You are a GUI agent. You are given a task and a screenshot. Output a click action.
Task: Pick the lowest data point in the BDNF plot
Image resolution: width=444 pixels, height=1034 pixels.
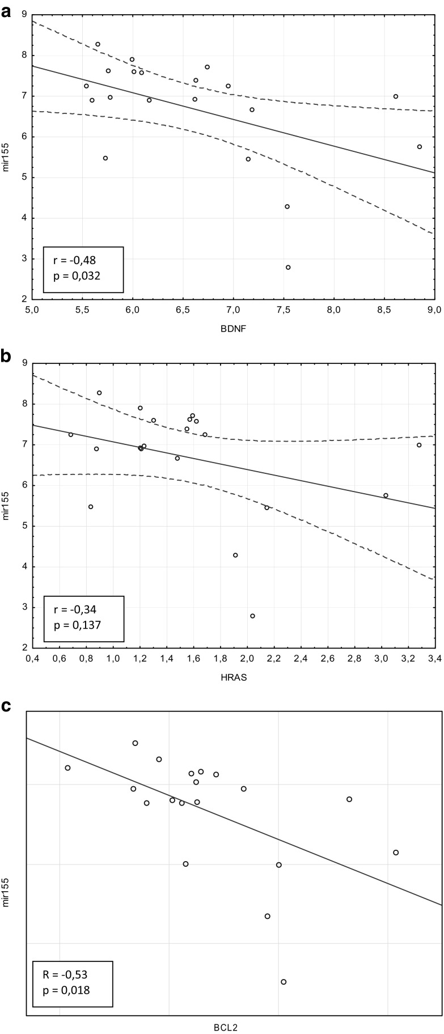tap(288, 268)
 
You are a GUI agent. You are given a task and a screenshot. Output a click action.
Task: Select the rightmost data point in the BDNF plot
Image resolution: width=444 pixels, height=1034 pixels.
tap(420, 147)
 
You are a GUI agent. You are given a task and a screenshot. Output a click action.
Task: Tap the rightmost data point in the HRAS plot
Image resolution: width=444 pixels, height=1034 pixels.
tap(419, 445)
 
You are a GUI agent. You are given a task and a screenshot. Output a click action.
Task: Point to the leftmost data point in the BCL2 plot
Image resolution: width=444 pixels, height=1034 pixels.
tap(67, 768)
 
